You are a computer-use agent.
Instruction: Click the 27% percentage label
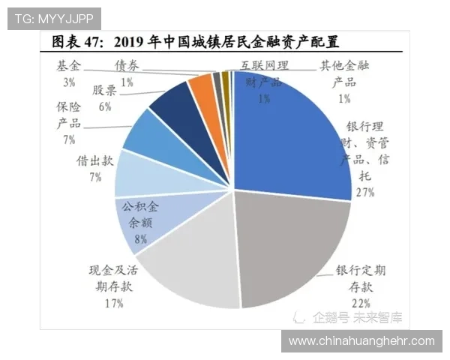coord(365,193)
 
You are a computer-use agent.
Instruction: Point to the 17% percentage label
coord(115,302)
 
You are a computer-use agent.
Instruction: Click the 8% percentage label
coord(140,240)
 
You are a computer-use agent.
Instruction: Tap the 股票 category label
coord(104,90)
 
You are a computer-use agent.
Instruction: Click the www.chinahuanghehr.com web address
coord(361,340)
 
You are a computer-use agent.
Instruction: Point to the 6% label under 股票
coord(104,106)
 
